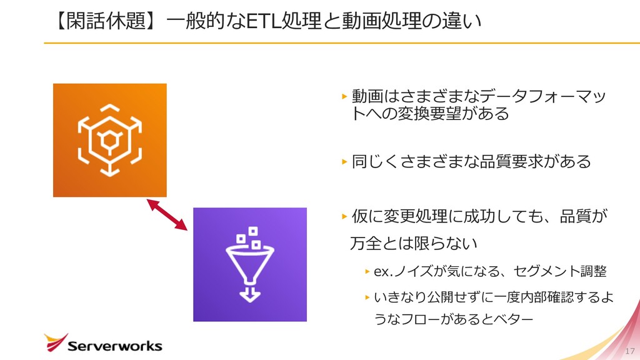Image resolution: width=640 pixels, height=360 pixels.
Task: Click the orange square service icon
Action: [x=109, y=139]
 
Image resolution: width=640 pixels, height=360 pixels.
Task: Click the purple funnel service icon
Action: [x=249, y=264]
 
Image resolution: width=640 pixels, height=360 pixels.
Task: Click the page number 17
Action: [x=629, y=350]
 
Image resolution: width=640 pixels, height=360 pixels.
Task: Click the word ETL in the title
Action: [x=264, y=21]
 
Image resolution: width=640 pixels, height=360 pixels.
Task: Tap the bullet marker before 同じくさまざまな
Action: [x=344, y=162]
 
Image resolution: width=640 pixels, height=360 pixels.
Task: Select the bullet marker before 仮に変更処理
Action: [x=344, y=217]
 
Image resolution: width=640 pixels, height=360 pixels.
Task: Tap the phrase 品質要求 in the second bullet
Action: [x=505, y=162]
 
